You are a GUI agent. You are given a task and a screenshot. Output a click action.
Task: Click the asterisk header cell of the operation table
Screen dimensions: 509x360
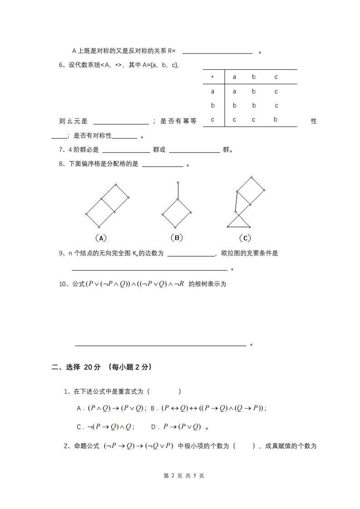(x=212, y=77)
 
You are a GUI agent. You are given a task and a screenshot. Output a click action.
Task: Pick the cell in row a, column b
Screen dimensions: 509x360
(x=254, y=91)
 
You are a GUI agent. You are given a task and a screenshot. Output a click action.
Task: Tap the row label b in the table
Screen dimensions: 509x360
(x=212, y=106)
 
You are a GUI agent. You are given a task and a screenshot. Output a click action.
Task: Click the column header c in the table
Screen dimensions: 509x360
(x=276, y=77)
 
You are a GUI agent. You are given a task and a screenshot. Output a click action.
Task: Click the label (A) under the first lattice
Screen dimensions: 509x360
(x=101, y=238)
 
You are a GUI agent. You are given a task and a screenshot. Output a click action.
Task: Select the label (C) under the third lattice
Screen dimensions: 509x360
(x=245, y=238)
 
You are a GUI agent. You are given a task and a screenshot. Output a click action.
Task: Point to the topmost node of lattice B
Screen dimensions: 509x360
(x=178, y=182)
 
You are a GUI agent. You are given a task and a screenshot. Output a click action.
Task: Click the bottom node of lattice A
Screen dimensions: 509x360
(x=99, y=227)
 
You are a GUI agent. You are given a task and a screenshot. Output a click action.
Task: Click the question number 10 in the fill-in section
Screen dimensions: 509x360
(x=63, y=284)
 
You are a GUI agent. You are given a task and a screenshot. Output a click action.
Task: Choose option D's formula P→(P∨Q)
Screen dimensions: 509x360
(x=182, y=426)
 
